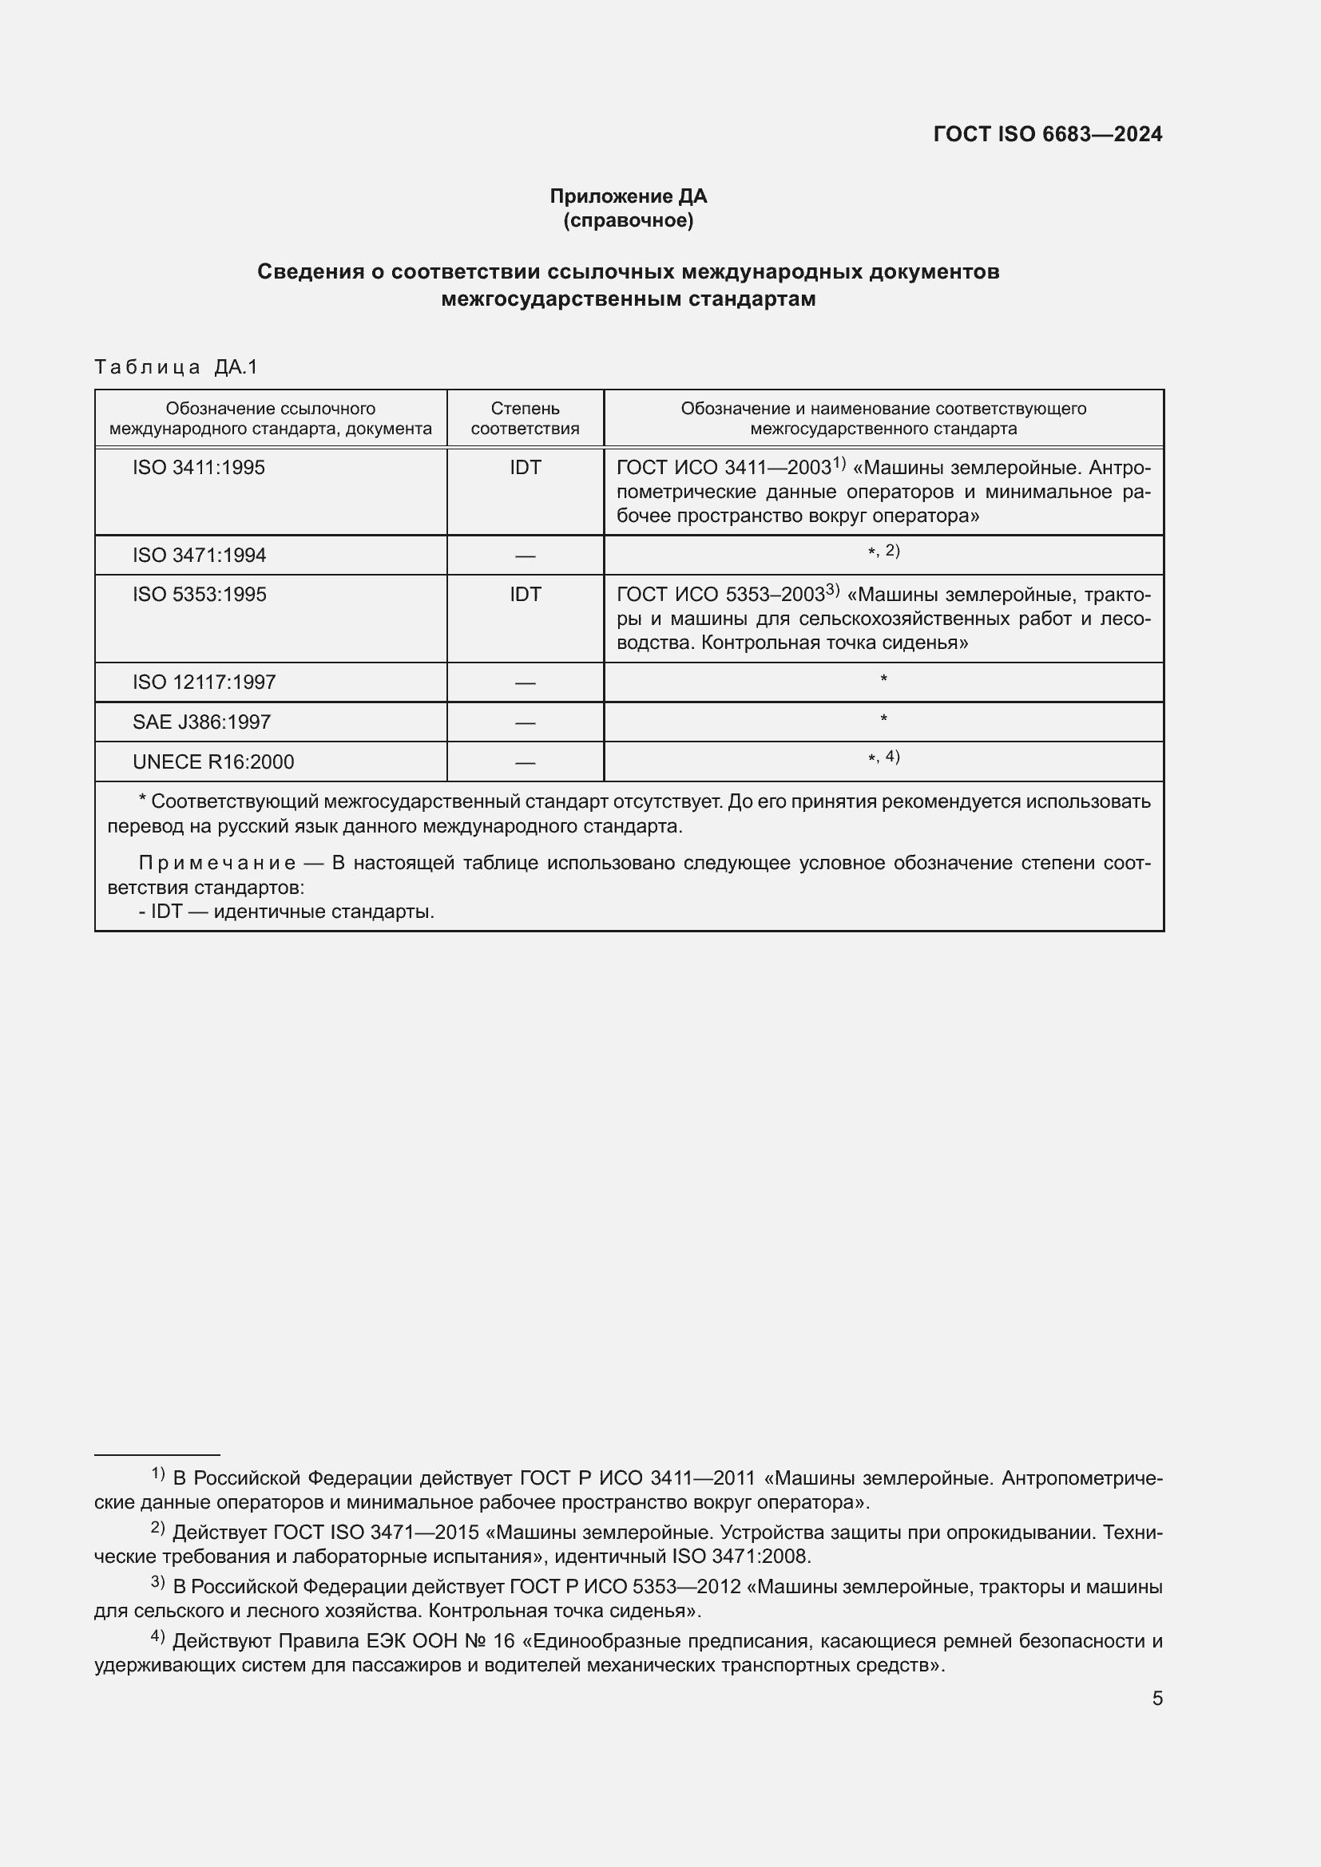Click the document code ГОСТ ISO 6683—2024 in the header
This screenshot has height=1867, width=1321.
tap(1047, 134)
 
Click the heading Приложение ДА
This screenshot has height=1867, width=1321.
tap(628, 196)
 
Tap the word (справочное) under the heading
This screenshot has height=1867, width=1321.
tap(628, 220)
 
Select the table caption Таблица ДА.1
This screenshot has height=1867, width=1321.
tap(176, 366)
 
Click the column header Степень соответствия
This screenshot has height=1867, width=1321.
tap(525, 418)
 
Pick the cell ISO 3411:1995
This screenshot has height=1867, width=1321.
tap(199, 468)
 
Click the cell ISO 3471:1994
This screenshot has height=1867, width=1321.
tap(200, 556)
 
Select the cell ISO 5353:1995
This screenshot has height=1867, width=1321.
tap(200, 595)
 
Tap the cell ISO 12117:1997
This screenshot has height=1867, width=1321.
tap(204, 682)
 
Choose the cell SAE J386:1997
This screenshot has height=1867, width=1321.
tap(202, 722)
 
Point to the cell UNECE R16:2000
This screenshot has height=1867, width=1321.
tap(213, 762)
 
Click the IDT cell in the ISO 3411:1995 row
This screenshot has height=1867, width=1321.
tap(525, 468)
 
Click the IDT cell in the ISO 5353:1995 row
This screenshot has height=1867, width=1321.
tap(525, 595)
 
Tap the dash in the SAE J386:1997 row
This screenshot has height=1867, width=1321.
tap(525, 722)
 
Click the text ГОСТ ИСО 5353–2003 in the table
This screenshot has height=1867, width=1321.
tap(720, 595)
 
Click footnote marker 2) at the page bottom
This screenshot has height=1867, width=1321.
tap(158, 1528)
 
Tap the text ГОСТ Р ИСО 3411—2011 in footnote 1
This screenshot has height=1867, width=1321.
tap(637, 1478)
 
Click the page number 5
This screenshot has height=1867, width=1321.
tap(1156, 1698)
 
